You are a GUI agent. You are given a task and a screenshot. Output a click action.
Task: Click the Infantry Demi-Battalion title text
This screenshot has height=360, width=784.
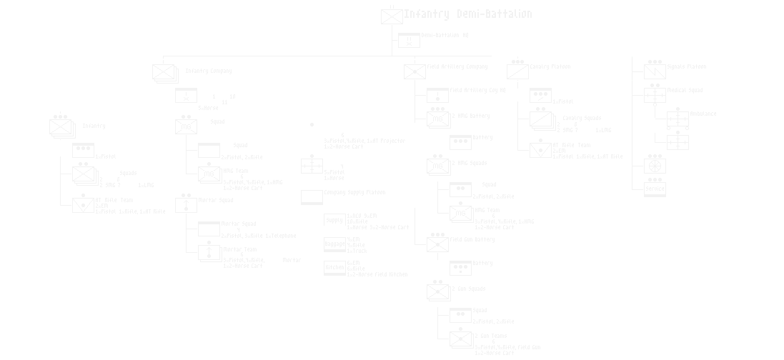[467, 14]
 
